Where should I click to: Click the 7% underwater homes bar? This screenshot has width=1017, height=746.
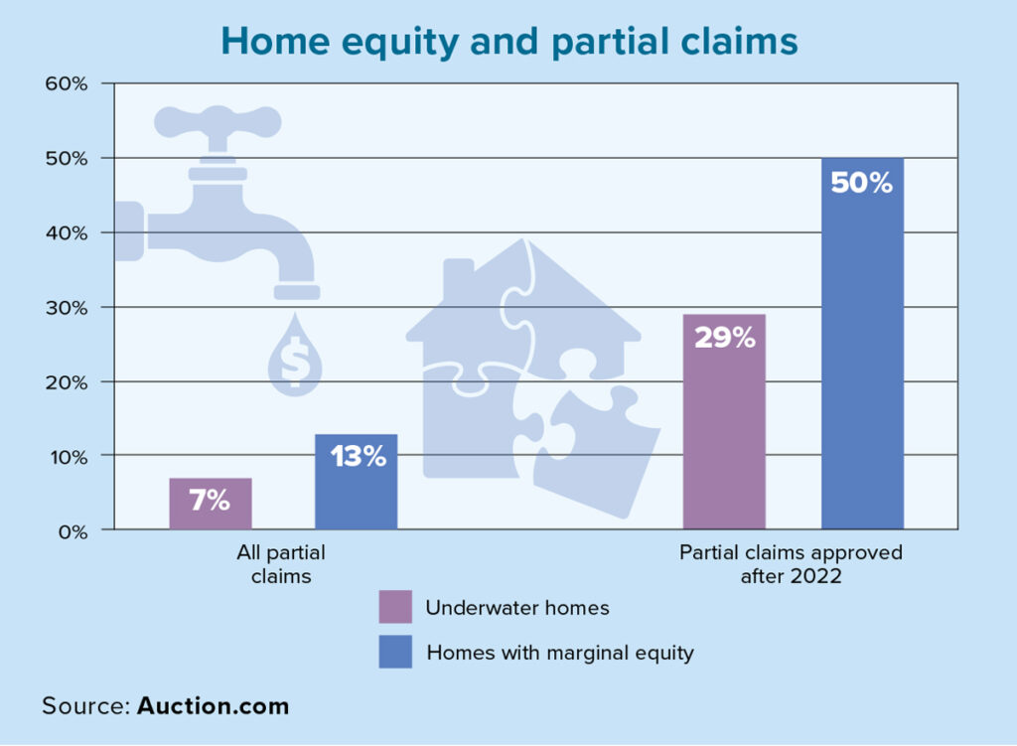[211, 504]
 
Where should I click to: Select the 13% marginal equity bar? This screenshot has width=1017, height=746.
[357, 482]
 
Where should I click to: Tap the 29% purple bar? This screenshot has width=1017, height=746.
[724, 421]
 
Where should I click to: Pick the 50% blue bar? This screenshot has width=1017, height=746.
[863, 343]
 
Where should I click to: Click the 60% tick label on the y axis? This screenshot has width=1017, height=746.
[67, 83]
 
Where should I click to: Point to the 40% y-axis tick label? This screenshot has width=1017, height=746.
[67, 232]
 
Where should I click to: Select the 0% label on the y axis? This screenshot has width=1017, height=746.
[73, 531]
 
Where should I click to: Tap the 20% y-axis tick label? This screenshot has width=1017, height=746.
[67, 382]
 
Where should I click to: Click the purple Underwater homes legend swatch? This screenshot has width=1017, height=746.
[395, 607]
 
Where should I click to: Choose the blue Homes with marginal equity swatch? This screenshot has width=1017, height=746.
[395, 652]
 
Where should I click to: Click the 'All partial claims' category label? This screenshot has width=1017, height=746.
[281, 563]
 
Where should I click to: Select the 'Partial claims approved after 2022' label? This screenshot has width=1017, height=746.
[791, 563]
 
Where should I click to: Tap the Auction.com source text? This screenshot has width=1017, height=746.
[213, 706]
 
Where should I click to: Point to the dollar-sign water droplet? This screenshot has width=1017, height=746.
[295, 356]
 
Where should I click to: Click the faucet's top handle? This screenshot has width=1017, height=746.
[218, 122]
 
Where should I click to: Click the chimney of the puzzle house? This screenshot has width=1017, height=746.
[459, 279]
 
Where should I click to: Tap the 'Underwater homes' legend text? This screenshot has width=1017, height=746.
[517, 607]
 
